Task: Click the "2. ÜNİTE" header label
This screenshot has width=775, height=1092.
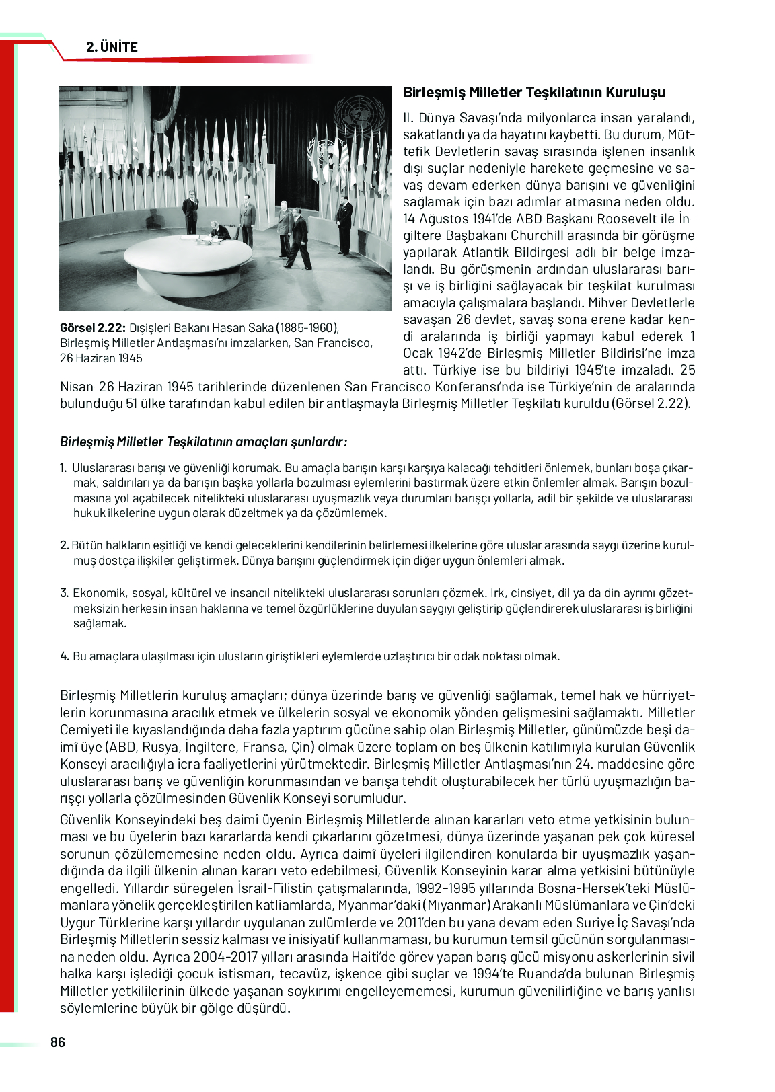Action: tap(112, 47)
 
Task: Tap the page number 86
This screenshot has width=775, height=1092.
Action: tap(58, 1042)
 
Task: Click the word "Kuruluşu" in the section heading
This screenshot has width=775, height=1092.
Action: tap(634, 93)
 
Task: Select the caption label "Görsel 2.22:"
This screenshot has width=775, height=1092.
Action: tap(92, 328)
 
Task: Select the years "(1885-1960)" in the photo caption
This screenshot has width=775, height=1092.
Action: tap(307, 328)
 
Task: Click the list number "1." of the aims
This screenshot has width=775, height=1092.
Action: tap(63, 468)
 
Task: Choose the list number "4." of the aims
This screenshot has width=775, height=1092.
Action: tap(64, 656)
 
